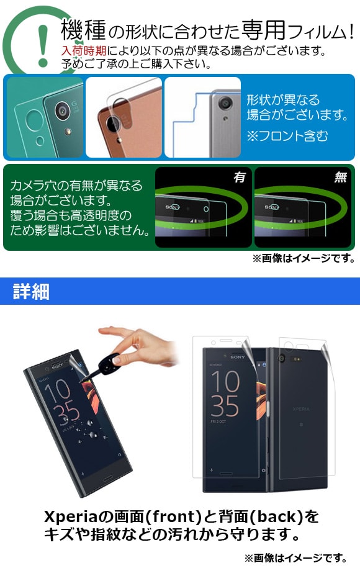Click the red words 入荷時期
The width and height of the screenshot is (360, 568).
click(x=84, y=51)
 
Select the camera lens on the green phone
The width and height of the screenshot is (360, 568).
click(x=62, y=110)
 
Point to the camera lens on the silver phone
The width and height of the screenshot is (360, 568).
click(x=225, y=104)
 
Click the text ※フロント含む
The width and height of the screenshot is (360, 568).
click(x=287, y=136)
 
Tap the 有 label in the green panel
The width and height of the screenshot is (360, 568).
click(x=240, y=177)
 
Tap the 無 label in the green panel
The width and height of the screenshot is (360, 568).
click(x=340, y=177)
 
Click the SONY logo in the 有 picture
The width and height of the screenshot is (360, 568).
click(x=173, y=207)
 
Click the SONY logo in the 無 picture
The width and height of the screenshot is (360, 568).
click(x=272, y=207)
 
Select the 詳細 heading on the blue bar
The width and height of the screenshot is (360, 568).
click(x=31, y=291)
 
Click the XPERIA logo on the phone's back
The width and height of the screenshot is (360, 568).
click(x=301, y=409)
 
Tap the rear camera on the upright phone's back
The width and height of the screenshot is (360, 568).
click(x=282, y=359)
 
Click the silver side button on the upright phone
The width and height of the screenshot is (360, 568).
click(x=268, y=408)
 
